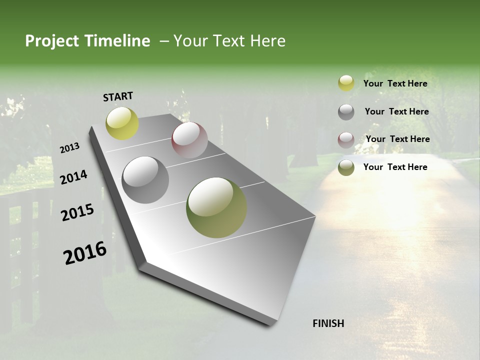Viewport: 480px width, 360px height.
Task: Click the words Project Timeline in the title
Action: [87, 41]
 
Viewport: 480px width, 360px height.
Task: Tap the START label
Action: [118, 96]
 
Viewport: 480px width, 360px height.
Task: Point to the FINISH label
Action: [328, 323]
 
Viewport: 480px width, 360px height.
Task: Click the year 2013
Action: [70, 148]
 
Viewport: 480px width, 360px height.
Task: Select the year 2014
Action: [73, 177]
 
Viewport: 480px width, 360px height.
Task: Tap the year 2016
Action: [85, 253]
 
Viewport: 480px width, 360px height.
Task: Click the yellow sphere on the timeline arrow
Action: [122, 123]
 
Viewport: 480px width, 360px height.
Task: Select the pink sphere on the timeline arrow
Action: [189, 140]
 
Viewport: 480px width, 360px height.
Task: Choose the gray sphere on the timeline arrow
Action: [145, 180]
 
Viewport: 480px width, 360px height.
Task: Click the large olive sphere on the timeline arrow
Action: [216, 207]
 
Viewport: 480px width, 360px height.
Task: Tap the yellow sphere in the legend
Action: [346, 83]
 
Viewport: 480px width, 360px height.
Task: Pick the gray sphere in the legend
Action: [346, 112]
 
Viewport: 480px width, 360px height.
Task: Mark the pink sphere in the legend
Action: [346, 139]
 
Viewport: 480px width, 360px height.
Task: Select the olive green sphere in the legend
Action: [346, 167]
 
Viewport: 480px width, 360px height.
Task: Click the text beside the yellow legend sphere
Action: [395, 83]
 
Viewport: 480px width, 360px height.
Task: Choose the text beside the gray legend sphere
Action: [397, 111]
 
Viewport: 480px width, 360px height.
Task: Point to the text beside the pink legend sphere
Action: [398, 139]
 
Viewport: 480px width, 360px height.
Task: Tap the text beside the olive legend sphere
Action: [395, 167]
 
